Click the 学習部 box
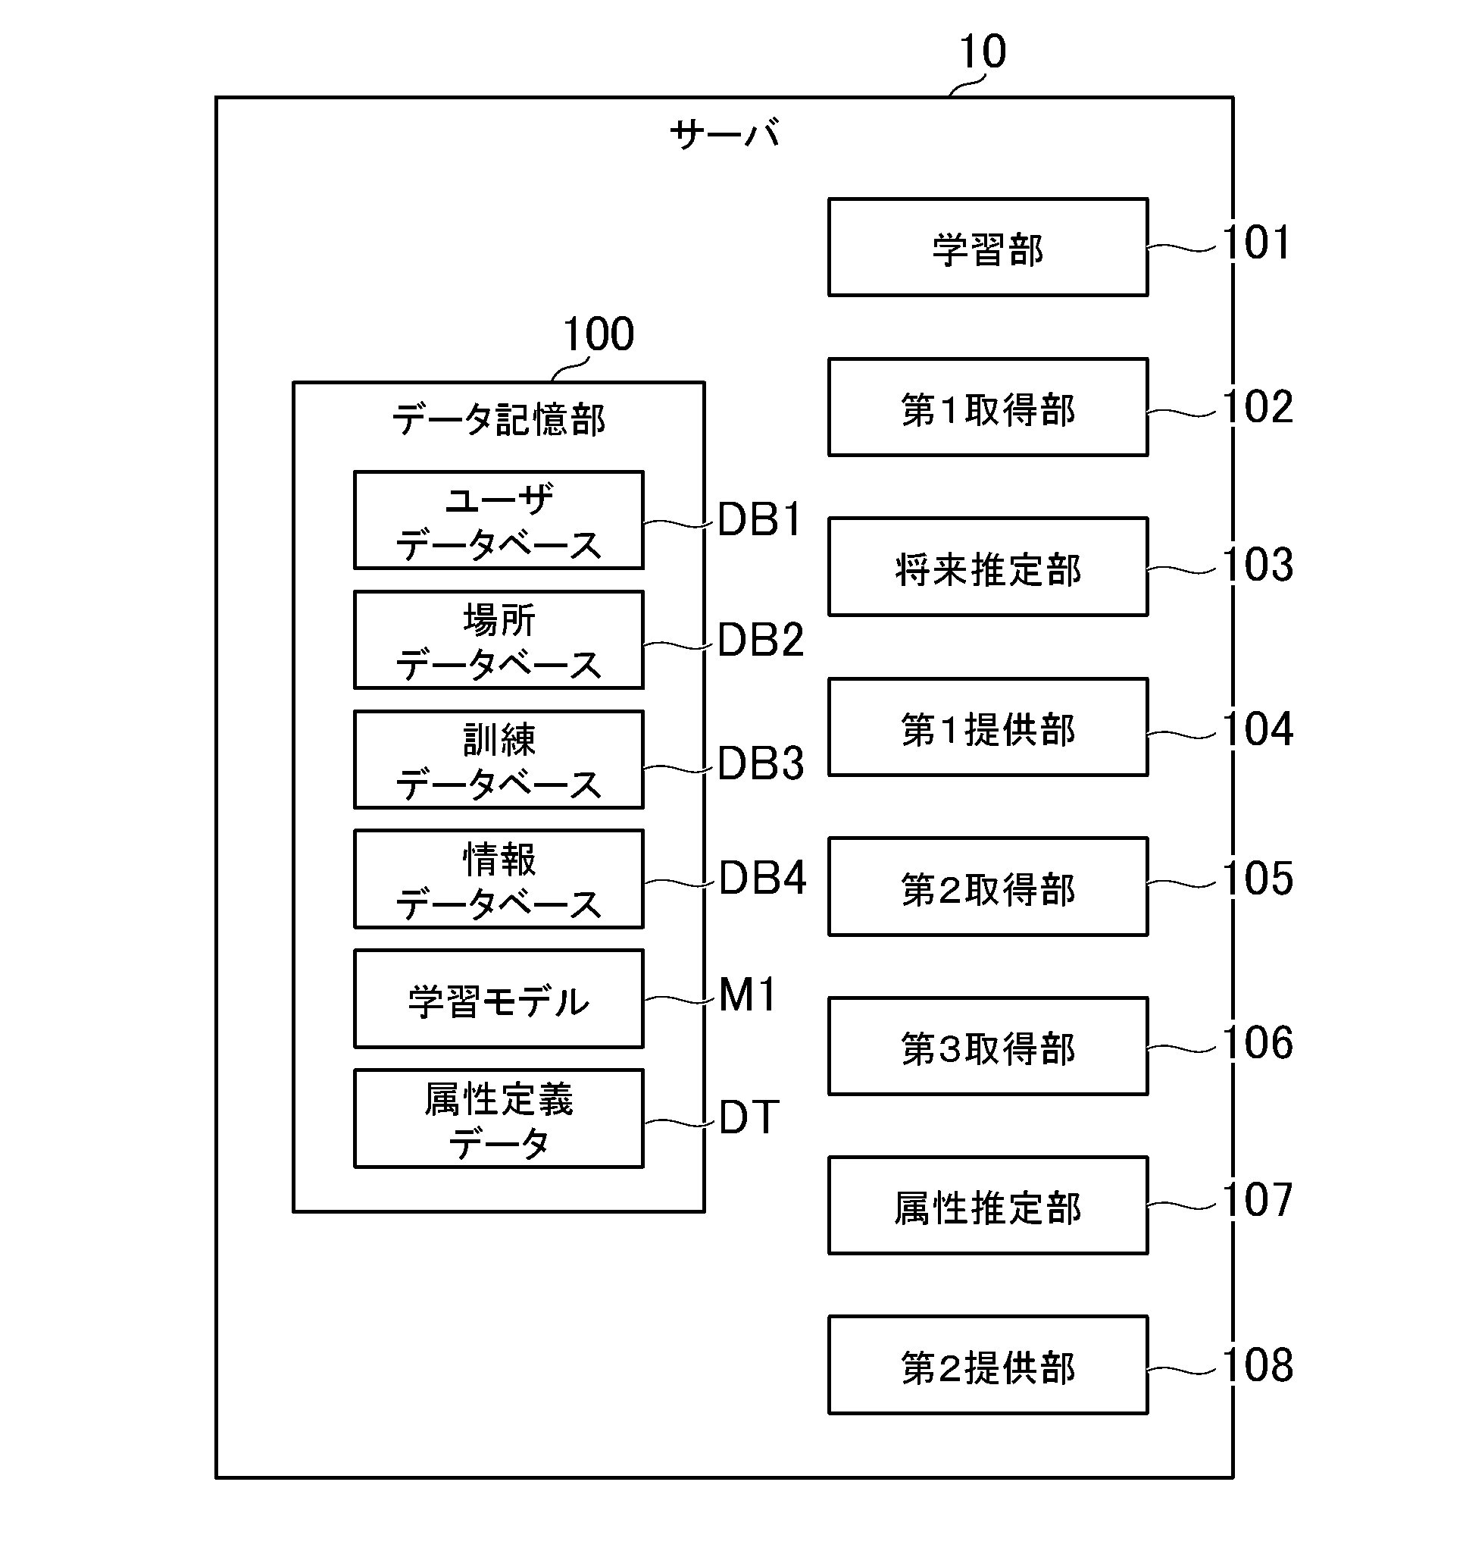point(988,248)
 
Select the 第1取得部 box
point(988,407)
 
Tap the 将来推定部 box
point(988,567)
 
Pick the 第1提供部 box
point(988,727)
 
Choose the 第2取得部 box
point(988,886)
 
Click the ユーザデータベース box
point(499,520)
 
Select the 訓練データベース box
point(499,760)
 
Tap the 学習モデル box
point(499,999)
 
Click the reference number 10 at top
point(982,52)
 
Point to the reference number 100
point(598,334)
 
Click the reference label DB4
point(761,878)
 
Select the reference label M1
point(747,995)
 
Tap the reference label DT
point(749,1117)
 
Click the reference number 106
point(1257,1043)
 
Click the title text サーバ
point(724,133)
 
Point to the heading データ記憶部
point(499,420)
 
